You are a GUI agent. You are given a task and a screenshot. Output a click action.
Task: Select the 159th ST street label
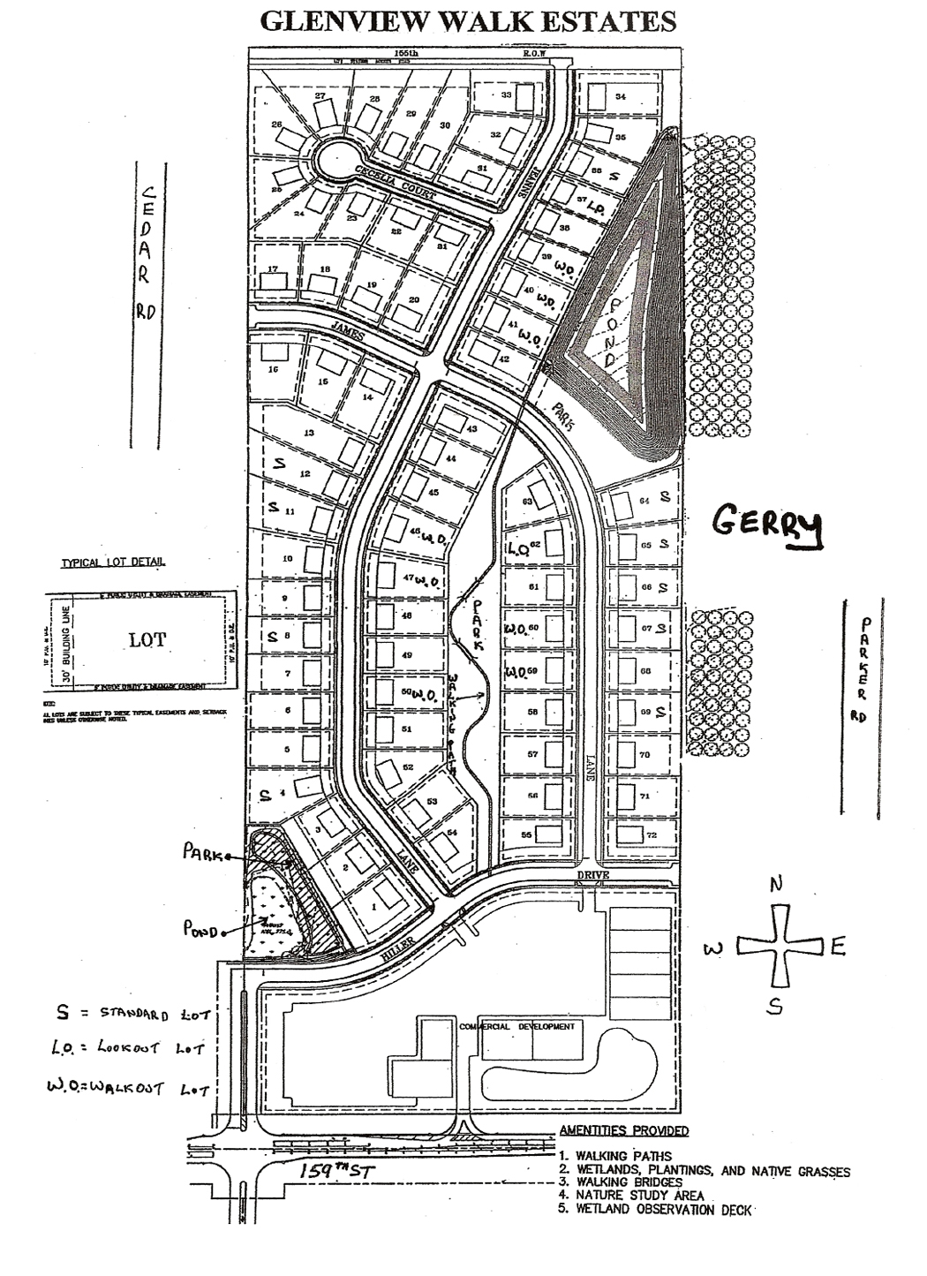334,1172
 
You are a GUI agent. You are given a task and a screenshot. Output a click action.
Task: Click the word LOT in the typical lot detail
147,640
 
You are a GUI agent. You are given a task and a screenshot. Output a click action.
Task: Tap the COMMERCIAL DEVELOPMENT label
517,1027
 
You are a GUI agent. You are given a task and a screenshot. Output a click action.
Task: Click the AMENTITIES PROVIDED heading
624,1130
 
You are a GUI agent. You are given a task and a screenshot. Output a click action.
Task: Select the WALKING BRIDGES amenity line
628,1182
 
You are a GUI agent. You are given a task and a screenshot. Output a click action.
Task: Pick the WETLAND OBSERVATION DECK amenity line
663,1209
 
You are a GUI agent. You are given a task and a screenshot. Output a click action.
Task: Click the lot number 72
652,834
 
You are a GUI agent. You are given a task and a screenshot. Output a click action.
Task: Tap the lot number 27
320,95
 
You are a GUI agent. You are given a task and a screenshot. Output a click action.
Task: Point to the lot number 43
472,428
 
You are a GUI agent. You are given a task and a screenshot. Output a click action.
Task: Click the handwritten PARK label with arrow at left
202,853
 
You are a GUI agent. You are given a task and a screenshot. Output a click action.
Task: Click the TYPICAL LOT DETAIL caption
112,562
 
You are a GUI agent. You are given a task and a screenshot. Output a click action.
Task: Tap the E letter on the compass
838,948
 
